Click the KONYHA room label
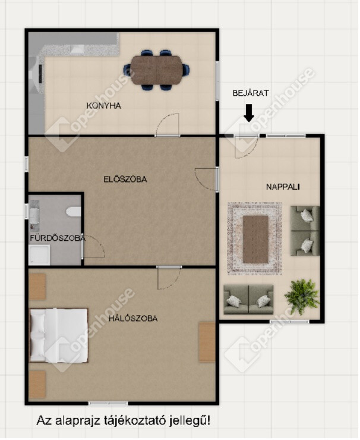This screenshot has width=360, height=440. pyautogui.click(x=104, y=106)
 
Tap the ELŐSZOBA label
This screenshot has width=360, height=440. pyautogui.click(x=125, y=180)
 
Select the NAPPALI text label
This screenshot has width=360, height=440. pyautogui.click(x=283, y=187)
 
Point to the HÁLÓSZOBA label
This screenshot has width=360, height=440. pyautogui.click(x=133, y=318)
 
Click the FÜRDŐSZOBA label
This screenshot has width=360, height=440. pyautogui.click(x=58, y=238)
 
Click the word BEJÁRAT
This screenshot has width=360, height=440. pyautogui.click(x=251, y=93)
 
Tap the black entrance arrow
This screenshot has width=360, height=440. pyautogui.click(x=249, y=113)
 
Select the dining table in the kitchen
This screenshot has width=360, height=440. pyautogui.click(x=156, y=70)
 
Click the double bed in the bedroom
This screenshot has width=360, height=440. pyautogui.click(x=59, y=335)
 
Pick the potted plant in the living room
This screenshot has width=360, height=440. pyautogui.click(x=302, y=296)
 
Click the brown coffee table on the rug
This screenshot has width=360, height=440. pyautogui.click(x=255, y=240)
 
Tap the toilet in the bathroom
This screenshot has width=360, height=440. pyautogui.click(x=74, y=212)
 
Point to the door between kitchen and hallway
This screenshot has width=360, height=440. pyautogui.click(x=168, y=125)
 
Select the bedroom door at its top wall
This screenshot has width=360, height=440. pyautogui.click(x=169, y=278)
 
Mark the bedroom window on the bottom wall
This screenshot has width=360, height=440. pyautogui.click(x=108, y=403)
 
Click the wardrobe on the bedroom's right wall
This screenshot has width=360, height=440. pyautogui.click(x=207, y=342)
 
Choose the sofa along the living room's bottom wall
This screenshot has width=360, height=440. pyautogui.click(x=248, y=300)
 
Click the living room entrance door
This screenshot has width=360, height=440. pyautogui.click(x=246, y=146)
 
